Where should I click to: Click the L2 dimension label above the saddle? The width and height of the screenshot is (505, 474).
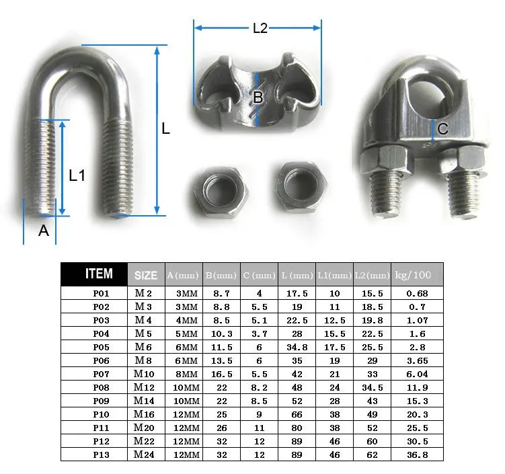click(260, 28)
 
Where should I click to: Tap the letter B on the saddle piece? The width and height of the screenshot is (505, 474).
click(258, 97)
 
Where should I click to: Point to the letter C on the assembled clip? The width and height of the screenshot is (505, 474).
click(443, 129)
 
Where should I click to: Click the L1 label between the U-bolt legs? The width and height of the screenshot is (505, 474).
click(77, 175)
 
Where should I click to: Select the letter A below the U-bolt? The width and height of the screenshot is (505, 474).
click(44, 231)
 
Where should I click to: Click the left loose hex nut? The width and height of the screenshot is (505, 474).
click(221, 192)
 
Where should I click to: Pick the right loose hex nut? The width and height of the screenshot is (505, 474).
click(302, 188)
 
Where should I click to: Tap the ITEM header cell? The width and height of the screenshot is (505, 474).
click(99, 274)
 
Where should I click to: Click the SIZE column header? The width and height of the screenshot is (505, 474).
click(146, 275)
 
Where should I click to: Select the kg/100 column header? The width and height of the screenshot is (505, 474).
click(413, 275)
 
